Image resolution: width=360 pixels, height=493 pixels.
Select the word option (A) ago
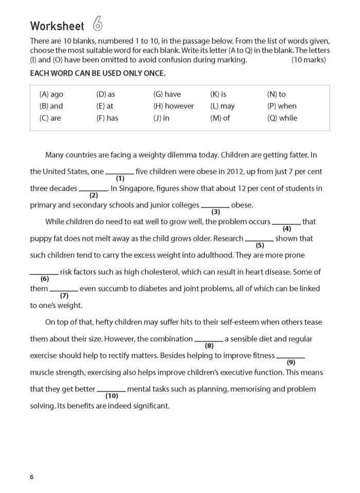tap(51, 94)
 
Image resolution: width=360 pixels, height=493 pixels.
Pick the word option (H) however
tap(173, 106)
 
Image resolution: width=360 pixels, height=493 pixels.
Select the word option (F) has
tap(107, 118)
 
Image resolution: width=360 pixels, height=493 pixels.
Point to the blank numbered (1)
tap(120, 172)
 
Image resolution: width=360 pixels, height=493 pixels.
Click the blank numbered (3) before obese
tap(215, 206)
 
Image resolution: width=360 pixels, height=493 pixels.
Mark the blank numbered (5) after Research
tap(259, 239)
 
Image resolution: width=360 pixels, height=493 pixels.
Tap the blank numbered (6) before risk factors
tap(44, 272)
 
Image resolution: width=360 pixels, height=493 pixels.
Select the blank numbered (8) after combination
tap(209, 340)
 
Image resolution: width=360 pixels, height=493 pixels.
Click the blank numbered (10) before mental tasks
tap(111, 390)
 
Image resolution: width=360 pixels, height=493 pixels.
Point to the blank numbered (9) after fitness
tap(291, 356)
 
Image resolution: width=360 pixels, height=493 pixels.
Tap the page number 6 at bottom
tap(32, 477)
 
